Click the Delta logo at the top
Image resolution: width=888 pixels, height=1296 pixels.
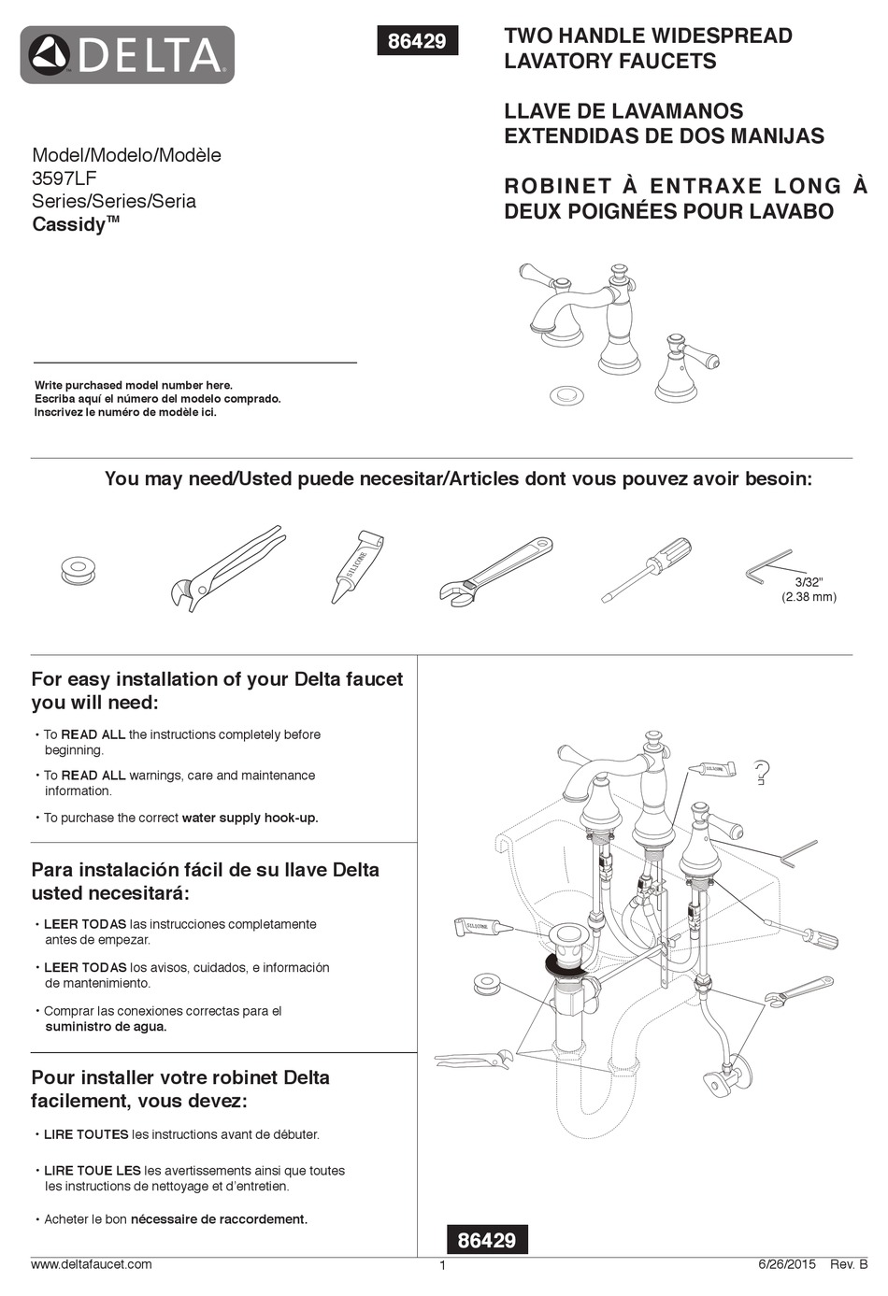click(x=127, y=55)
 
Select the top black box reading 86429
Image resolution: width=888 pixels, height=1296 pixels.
click(x=417, y=41)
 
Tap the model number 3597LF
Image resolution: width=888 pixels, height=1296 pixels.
click(x=64, y=178)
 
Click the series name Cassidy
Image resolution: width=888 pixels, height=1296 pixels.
click(x=69, y=224)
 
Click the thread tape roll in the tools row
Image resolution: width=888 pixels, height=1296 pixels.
click(x=79, y=569)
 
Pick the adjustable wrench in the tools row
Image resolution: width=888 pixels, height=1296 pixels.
click(x=495, y=571)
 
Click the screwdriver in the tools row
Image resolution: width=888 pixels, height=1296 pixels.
click(x=647, y=569)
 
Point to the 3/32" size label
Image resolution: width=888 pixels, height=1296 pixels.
click(x=809, y=582)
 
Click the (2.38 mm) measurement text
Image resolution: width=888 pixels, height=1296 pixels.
click(x=809, y=597)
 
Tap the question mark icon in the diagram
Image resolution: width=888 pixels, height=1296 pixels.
click(x=761, y=772)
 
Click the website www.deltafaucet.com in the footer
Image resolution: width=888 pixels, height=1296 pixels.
click(x=92, y=1264)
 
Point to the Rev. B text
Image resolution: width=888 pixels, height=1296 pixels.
click(x=849, y=1264)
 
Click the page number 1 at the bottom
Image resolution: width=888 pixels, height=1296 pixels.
click(x=442, y=1266)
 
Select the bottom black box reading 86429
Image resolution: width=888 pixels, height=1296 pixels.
click(x=486, y=1240)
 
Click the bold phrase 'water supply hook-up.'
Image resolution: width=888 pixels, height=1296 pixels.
click(x=250, y=818)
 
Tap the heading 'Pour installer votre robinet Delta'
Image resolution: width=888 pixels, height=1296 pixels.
click(x=180, y=1077)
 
